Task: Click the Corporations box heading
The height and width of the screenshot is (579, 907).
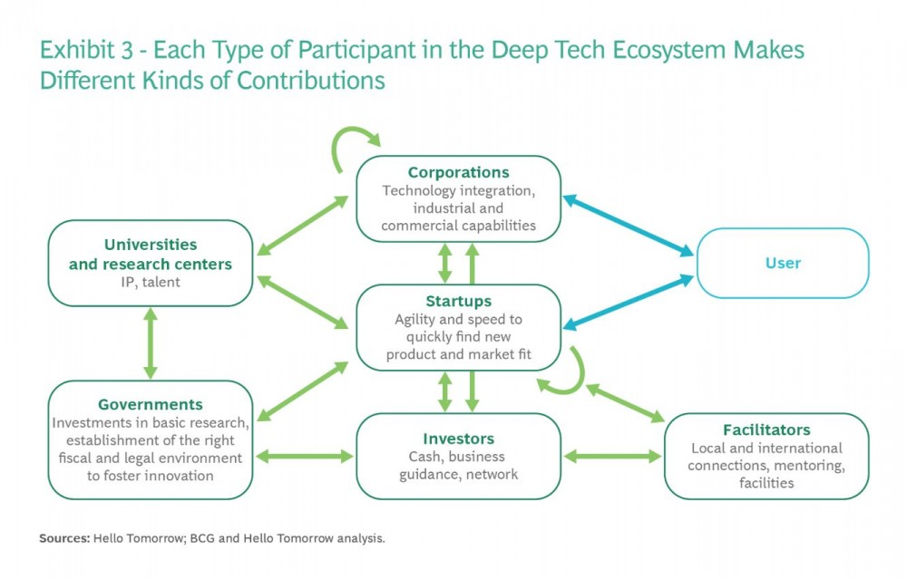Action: [458, 172]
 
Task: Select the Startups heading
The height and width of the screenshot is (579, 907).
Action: [458, 301]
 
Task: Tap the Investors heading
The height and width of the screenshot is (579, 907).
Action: [458, 439]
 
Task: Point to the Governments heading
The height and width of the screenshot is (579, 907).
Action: [151, 404]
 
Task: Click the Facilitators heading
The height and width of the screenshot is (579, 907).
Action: [766, 429]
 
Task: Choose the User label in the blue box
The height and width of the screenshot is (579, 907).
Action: [783, 263]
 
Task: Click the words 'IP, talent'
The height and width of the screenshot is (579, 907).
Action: [151, 282]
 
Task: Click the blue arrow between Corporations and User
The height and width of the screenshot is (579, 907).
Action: [629, 226]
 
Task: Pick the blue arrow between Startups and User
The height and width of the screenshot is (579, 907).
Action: [629, 303]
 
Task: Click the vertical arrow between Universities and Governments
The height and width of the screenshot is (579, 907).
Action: [151, 343]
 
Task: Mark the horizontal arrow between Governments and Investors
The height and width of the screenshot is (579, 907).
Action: [304, 457]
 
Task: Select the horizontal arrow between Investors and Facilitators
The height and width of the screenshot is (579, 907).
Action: [612, 457]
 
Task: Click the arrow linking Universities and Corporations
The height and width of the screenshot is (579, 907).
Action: [303, 226]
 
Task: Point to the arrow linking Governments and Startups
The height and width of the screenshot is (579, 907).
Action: [303, 391]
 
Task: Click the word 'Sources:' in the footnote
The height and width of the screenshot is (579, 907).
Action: [64, 538]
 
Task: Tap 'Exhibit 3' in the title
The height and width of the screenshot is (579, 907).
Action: [86, 50]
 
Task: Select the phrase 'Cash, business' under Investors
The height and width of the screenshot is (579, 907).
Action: [457, 457]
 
